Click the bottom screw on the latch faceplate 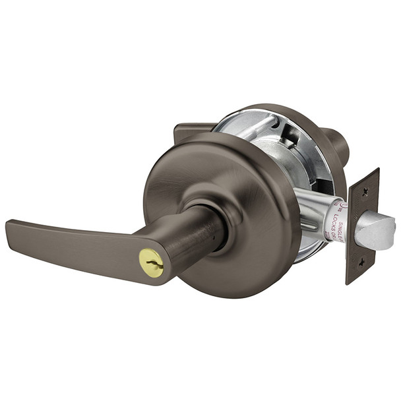[x=361, y=262]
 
